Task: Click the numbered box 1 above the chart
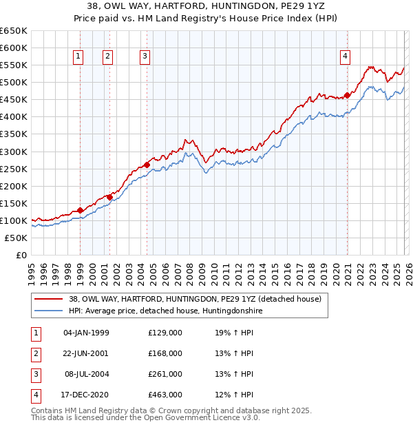[x=79, y=57]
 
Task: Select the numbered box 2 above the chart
[x=108, y=57]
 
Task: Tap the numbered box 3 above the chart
[x=146, y=57]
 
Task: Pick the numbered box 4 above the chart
[x=345, y=57]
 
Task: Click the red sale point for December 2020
[x=347, y=95]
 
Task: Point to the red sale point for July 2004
[x=147, y=165]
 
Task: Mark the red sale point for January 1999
[x=80, y=210]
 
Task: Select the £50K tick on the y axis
[x=17, y=238]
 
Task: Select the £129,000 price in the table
[x=165, y=333]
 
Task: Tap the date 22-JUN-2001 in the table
[x=86, y=353]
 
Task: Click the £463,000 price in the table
[x=165, y=395]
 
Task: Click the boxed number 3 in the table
[x=34, y=374]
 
